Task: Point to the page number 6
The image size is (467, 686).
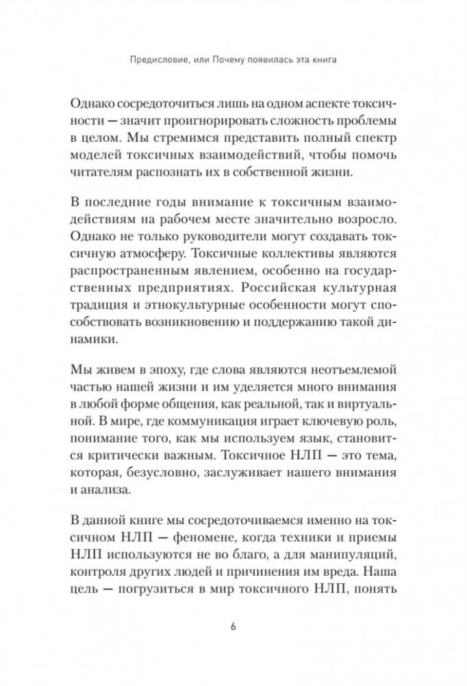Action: pos(233,626)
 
